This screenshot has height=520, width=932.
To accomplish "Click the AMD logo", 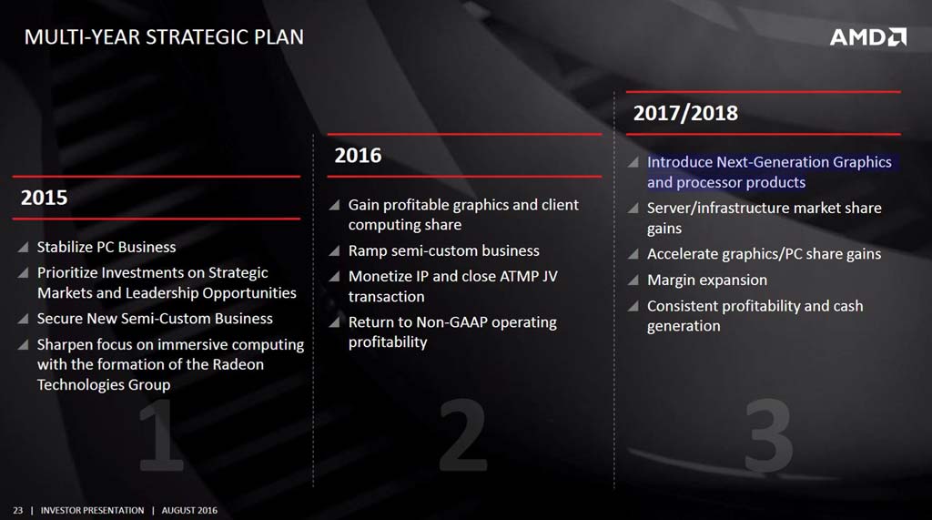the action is click(867, 37).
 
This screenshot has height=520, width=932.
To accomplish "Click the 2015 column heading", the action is click(44, 198).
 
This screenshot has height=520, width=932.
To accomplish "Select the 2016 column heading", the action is click(358, 156).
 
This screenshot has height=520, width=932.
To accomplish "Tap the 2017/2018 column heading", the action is click(685, 113).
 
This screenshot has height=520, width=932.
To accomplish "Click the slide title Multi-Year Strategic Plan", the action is click(164, 37).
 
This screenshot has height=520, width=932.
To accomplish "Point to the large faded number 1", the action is click(160, 435).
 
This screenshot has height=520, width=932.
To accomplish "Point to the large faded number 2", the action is click(462, 435).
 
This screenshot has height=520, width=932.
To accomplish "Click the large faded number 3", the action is click(768, 435).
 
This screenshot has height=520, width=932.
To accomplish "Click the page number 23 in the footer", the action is click(18, 511).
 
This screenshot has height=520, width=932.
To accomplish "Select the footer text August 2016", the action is click(189, 511).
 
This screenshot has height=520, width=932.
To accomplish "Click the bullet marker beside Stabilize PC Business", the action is click(23, 247).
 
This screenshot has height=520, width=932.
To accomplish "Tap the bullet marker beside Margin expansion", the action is click(633, 280).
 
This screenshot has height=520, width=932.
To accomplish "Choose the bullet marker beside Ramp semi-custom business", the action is click(335, 250).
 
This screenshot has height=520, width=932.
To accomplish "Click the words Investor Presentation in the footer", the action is click(92, 511).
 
